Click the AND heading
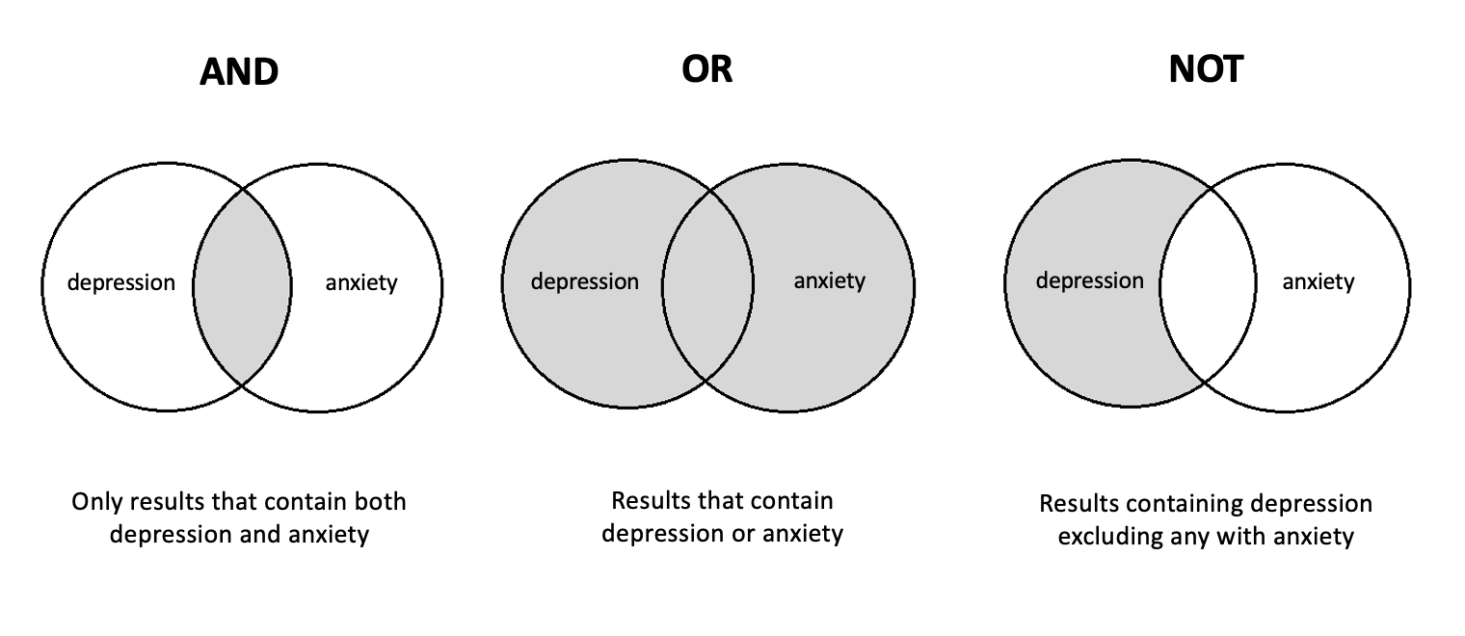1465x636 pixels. tap(239, 72)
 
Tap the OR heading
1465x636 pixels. tap(707, 68)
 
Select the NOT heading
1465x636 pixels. tap(1206, 68)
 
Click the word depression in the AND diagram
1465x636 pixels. tap(121, 283)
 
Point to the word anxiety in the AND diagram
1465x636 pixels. tap(360, 283)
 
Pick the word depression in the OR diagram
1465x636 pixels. tap(584, 282)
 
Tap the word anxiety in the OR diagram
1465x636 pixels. tap(829, 281)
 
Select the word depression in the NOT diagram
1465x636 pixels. tap(1089, 280)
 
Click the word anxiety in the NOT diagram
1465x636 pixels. tap(1318, 281)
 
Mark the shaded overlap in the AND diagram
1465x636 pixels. tap(242, 286)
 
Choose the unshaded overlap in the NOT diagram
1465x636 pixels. tap(1208, 285)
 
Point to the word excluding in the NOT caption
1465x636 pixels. tap(1106, 536)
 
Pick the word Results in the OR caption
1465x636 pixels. tap(650, 501)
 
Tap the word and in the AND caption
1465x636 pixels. tap(267, 534)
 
